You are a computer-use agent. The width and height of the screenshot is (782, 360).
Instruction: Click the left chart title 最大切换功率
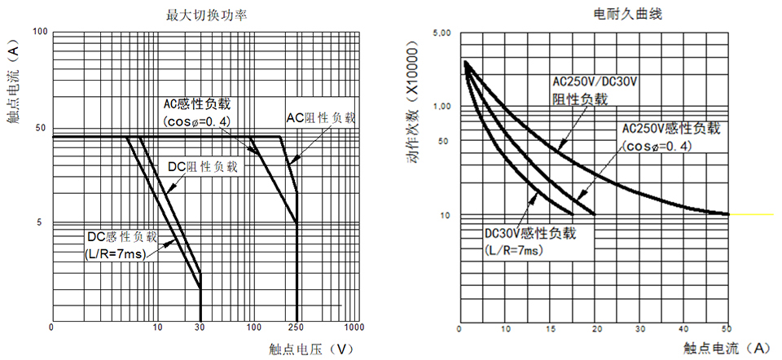(200, 15)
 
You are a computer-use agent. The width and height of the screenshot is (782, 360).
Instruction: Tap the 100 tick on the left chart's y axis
(40, 32)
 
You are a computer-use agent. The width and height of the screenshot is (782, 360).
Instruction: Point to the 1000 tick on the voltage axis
(354, 327)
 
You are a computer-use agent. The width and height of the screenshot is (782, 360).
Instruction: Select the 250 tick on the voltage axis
(297, 327)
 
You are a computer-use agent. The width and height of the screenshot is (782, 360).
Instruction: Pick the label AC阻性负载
(320, 117)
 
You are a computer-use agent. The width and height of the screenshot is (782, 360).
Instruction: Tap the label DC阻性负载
(203, 166)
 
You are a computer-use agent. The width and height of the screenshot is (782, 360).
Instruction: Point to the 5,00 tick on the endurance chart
(442, 34)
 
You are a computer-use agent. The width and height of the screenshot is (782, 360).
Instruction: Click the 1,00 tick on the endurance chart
(442, 107)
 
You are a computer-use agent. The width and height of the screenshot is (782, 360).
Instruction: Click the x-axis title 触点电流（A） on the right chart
(727, 348)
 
